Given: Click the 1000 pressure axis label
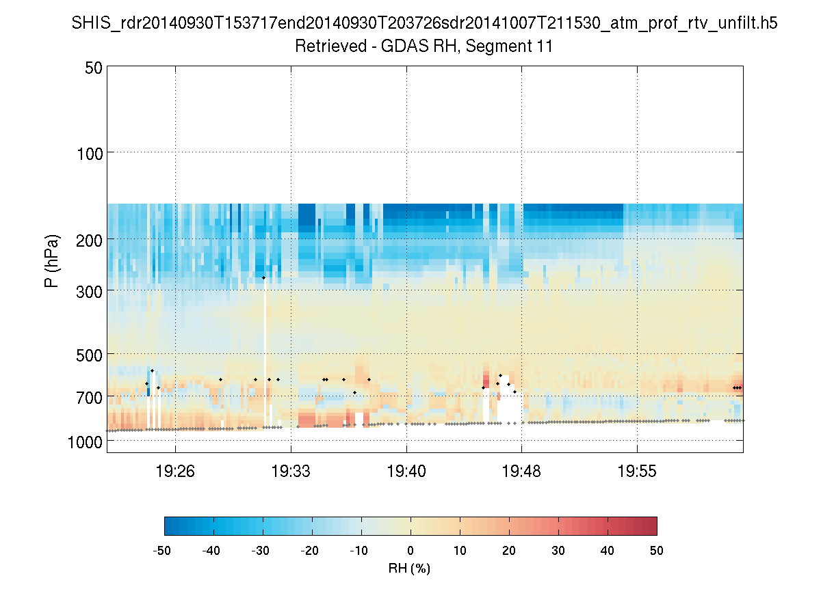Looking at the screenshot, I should click(x=85, y=442).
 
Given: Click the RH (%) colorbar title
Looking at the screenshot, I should click(x=410, y=568).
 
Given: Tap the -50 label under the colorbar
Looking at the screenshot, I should click(x=162, y=550).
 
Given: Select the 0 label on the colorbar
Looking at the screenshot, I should click(x=410, y=550).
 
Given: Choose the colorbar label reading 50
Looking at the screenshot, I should click(x=657, y=550).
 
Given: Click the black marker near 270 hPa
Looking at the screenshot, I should click(x=263, y=277).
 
